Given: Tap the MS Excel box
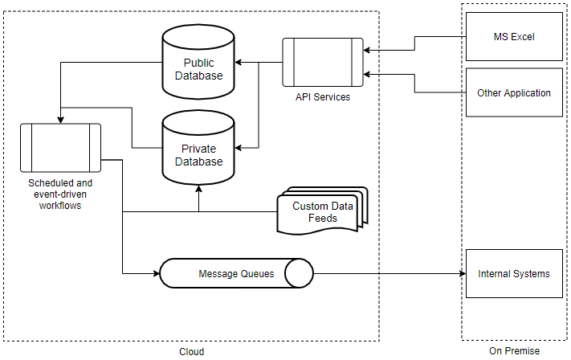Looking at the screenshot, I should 514,37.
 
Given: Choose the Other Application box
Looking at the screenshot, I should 514,92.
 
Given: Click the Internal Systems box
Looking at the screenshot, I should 514,274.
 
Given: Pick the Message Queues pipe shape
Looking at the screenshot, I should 236,274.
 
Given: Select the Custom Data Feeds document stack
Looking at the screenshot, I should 321,212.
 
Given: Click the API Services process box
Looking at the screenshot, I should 322,62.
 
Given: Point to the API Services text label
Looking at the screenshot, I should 322,97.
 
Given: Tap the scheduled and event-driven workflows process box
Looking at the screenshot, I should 60,147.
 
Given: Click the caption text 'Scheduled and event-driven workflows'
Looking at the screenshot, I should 60,194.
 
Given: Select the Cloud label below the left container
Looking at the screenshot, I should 191,352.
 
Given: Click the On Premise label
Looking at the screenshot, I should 514,351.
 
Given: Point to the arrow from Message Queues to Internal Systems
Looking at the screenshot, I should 390,274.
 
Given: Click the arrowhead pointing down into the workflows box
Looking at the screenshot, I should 60,119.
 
